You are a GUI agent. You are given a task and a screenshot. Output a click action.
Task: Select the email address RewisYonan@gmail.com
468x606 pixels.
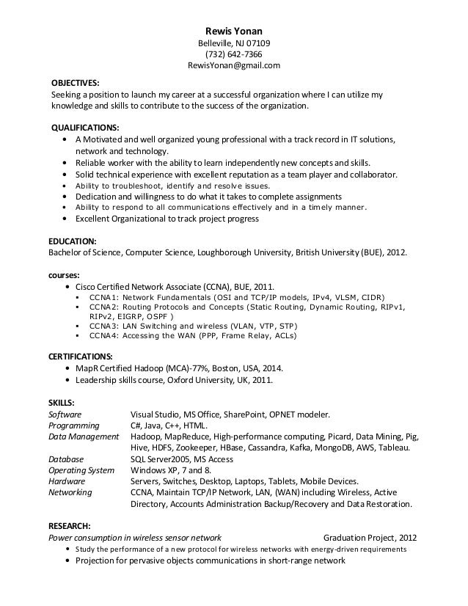click(234, 67)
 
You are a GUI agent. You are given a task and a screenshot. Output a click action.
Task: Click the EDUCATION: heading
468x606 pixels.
click(72, 241)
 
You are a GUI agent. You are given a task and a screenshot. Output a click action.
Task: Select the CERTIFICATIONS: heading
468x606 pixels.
click(81, 355)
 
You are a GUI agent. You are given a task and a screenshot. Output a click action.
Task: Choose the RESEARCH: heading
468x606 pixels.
click(69, 526)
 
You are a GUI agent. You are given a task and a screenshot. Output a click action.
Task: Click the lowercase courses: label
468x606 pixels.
click(65, 274)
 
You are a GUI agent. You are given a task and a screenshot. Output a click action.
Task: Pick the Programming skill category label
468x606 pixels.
click(74, 426)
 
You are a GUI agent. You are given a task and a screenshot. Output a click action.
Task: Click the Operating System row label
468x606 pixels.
click(81, 470)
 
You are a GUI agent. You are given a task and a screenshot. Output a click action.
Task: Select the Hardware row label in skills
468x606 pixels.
click(67, 481)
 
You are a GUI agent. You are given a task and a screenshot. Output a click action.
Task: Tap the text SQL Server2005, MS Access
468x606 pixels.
click(181, 459)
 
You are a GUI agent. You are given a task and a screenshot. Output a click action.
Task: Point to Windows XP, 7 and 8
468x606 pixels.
click(170, 470)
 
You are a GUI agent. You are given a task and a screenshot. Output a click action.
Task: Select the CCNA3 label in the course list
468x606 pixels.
click(104, 325)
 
